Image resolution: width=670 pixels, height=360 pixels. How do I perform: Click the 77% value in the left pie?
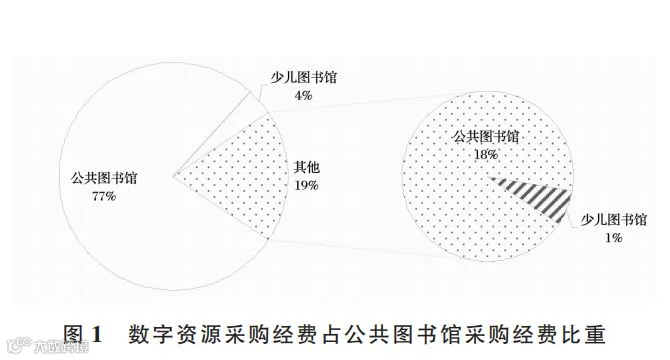click(x=104, y=196)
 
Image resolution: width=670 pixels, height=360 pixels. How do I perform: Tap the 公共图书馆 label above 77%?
click(x=104, y=178)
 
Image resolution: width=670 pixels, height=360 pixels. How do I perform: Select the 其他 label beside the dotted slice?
click(x=307, y=167)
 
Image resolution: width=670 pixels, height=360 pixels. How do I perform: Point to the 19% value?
click(x=306, y=185)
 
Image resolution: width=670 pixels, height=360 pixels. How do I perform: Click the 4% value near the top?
click(x=303, y=95)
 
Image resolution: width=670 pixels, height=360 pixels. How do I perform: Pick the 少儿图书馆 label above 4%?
click(x=303, y=77)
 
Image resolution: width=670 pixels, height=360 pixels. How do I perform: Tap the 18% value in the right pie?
click(x=486, y=154)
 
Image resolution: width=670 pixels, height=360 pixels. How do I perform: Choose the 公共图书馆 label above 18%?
click(x=486, y=136)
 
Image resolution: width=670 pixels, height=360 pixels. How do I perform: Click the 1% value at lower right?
click(x=613, y=238)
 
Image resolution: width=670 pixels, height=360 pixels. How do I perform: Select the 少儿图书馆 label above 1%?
click(x=614, y=220)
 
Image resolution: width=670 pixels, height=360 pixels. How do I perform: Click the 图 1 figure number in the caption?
click(x=83, y=334)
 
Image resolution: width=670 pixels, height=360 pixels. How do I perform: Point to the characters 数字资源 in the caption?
click(x=174, y=334)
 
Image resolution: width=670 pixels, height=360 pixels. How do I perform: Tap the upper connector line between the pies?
click(x=367, y=102)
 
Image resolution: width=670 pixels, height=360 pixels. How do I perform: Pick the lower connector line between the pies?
click(x=363, y=249)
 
